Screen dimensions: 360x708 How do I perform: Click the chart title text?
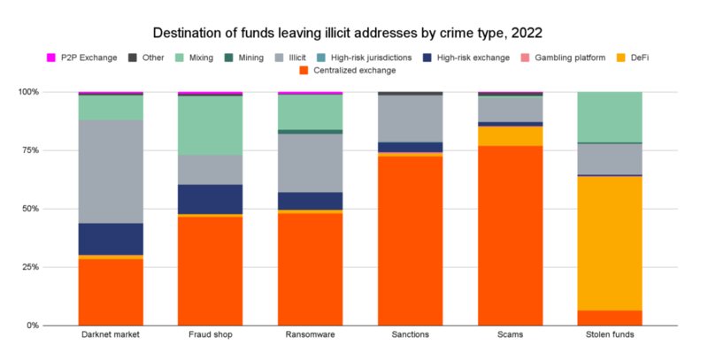(354, 34)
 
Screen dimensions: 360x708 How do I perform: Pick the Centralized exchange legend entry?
(345, 70)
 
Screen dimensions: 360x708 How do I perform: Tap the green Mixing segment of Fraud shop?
(210, 125)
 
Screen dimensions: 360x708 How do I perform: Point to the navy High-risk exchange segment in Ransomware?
(310, 201)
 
